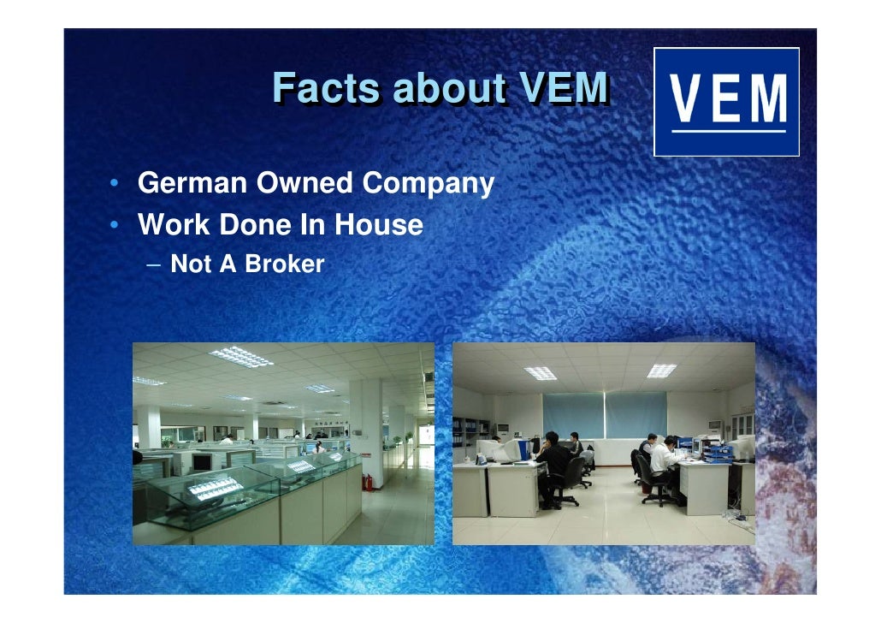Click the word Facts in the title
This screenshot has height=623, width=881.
[x=327, y=88]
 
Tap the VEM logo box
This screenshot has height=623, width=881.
[x=726, y=102]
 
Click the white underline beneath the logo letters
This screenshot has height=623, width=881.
[x=727, y=131]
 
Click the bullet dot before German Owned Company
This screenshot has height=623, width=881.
[x=114, y=184]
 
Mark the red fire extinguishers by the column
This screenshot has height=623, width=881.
[x=368, y=482]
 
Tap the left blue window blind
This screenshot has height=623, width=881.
[x=572, y=415]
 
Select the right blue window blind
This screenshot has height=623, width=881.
[x=636, y=415]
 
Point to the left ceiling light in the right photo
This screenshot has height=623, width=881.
[x=540, y=372]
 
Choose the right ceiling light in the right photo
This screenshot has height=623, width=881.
[x=661, y=370]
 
